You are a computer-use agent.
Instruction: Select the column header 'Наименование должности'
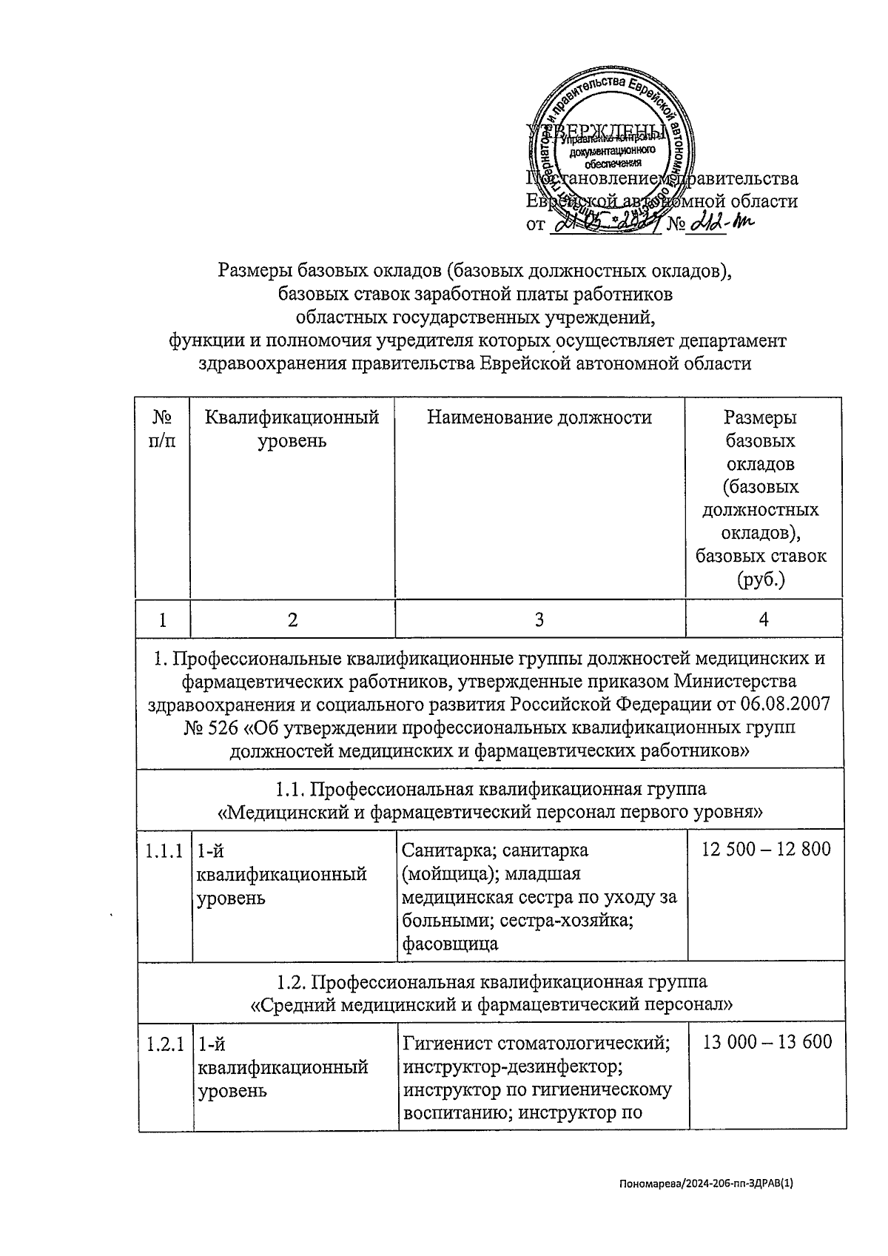coord(539,418)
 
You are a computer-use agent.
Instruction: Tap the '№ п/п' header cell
coord(163,429)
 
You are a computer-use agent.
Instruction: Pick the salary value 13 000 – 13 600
coord(767,1042)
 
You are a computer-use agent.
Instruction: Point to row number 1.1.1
coord(164,851)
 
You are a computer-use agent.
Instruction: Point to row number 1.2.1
coord(164,1044)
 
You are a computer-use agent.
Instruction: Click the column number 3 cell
coord(539,619)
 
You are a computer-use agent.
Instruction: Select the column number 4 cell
coord(764,619)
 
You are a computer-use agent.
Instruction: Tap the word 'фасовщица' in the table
coord(449,944)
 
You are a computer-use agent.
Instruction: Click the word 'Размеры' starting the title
coord(252,270)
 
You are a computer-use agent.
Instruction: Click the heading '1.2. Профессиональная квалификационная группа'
coord(491,981)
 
